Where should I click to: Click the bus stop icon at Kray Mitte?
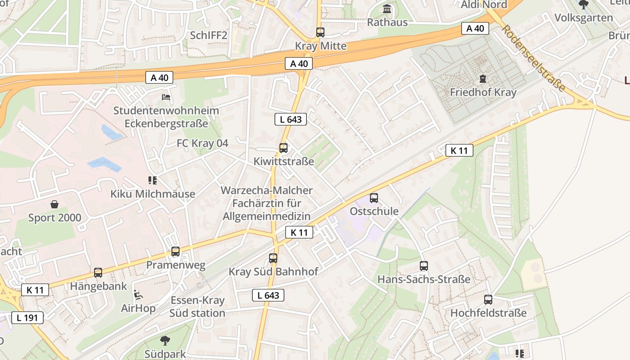(x=320, y=32)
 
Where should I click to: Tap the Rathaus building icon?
(x=387, y=9)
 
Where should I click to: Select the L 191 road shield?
(x=27, y=318)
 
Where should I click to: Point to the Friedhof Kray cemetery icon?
(x=483, y=79)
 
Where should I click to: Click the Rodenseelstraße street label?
(x=533, y=58)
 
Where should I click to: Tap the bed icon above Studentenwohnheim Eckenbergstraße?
(x=166, y=97)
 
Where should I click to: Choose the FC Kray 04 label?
(x=202, y=143)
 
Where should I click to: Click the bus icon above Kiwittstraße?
(x=283, y=148)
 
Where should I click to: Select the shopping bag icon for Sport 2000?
(x=54, y=205)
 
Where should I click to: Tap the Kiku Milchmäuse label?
(x=153, y=194)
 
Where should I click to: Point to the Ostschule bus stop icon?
(x=373, y=198)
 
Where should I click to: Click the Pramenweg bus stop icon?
(x=175, y=252)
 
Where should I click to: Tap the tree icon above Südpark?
(x=165, y=341)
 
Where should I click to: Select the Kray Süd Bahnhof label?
(x=273, y=272)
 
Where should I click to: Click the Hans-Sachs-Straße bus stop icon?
(x=423, y=266)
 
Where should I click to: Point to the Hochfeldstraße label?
(x=488, y=313)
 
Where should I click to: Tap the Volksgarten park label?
(x=584, y=18)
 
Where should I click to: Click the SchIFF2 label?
(x=208, y=36)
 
